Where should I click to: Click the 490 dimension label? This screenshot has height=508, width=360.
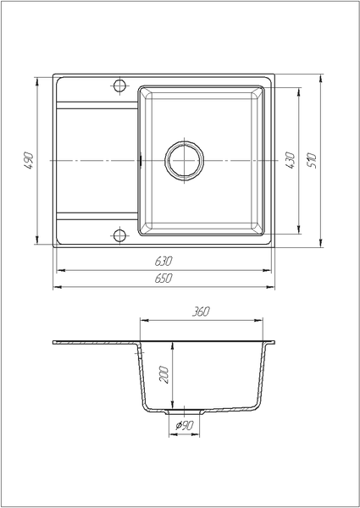pos(29,160)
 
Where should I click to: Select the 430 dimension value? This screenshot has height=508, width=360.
pos(290,160)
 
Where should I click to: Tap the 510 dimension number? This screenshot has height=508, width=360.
pos(312,161)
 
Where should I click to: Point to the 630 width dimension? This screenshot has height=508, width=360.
pos(163,261)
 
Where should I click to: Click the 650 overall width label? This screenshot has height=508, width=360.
pos(163,279)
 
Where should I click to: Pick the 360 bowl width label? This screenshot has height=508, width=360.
pos(201,312)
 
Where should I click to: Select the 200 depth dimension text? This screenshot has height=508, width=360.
pos(164,374)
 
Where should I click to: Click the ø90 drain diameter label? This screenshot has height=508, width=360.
pos(185,425)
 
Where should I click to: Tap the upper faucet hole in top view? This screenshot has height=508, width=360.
pos(119,86)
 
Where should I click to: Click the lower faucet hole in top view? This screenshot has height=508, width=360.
pos(119,235)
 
